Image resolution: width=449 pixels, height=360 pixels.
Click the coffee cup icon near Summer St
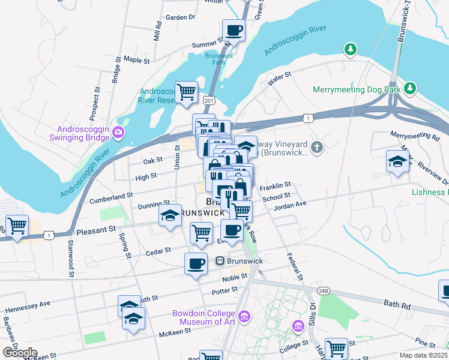click(x=234, y=29)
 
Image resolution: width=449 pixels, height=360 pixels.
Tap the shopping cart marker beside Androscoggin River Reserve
click(x=187, y=92)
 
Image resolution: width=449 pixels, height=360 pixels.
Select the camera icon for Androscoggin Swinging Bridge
click(x=119, y=131)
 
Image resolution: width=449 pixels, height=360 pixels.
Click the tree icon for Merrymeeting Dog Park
click(x=410, y=89)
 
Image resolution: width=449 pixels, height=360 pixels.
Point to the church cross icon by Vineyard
click(x=318, y=146)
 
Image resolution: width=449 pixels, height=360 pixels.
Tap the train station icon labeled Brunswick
click(x=220, y=261)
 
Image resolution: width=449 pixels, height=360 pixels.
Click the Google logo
click(x=19, y=353)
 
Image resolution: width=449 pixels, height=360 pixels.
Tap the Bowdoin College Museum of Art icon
click(x=244, y=316)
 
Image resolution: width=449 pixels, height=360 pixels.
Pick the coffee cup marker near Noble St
click(x=196, y=263)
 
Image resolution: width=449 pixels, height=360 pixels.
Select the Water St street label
click(x=279, y=77)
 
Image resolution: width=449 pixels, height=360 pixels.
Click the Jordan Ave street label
click(x=290, y=204)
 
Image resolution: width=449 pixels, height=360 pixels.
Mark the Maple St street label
click(x=136, y=60)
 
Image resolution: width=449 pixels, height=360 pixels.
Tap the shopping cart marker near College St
click(x=336, y=348)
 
